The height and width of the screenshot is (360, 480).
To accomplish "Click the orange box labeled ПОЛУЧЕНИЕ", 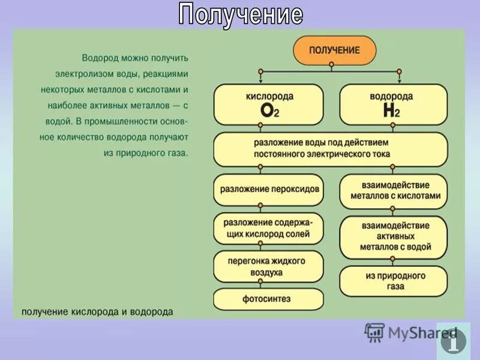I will [334, 50].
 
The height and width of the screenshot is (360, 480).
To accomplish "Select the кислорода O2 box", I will [268, 104].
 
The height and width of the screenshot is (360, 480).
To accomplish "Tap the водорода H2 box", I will [393, 104].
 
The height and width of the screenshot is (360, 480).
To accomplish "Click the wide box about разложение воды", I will [331, 149].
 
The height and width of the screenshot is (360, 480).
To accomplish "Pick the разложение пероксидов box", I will [268, 189].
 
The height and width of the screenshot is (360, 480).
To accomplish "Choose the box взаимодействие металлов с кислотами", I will [393, 191].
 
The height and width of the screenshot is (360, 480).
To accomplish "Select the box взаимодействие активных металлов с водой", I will [393, 236].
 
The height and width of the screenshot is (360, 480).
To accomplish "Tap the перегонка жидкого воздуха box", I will [268, 266].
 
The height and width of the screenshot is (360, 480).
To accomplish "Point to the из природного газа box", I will [393, 281].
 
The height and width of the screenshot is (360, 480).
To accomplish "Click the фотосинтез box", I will [268, 298].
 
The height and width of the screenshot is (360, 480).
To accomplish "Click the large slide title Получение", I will [240, 14].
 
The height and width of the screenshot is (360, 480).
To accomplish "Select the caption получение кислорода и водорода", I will [97, 312].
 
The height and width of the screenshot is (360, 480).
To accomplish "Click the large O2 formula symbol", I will [268, 110].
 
